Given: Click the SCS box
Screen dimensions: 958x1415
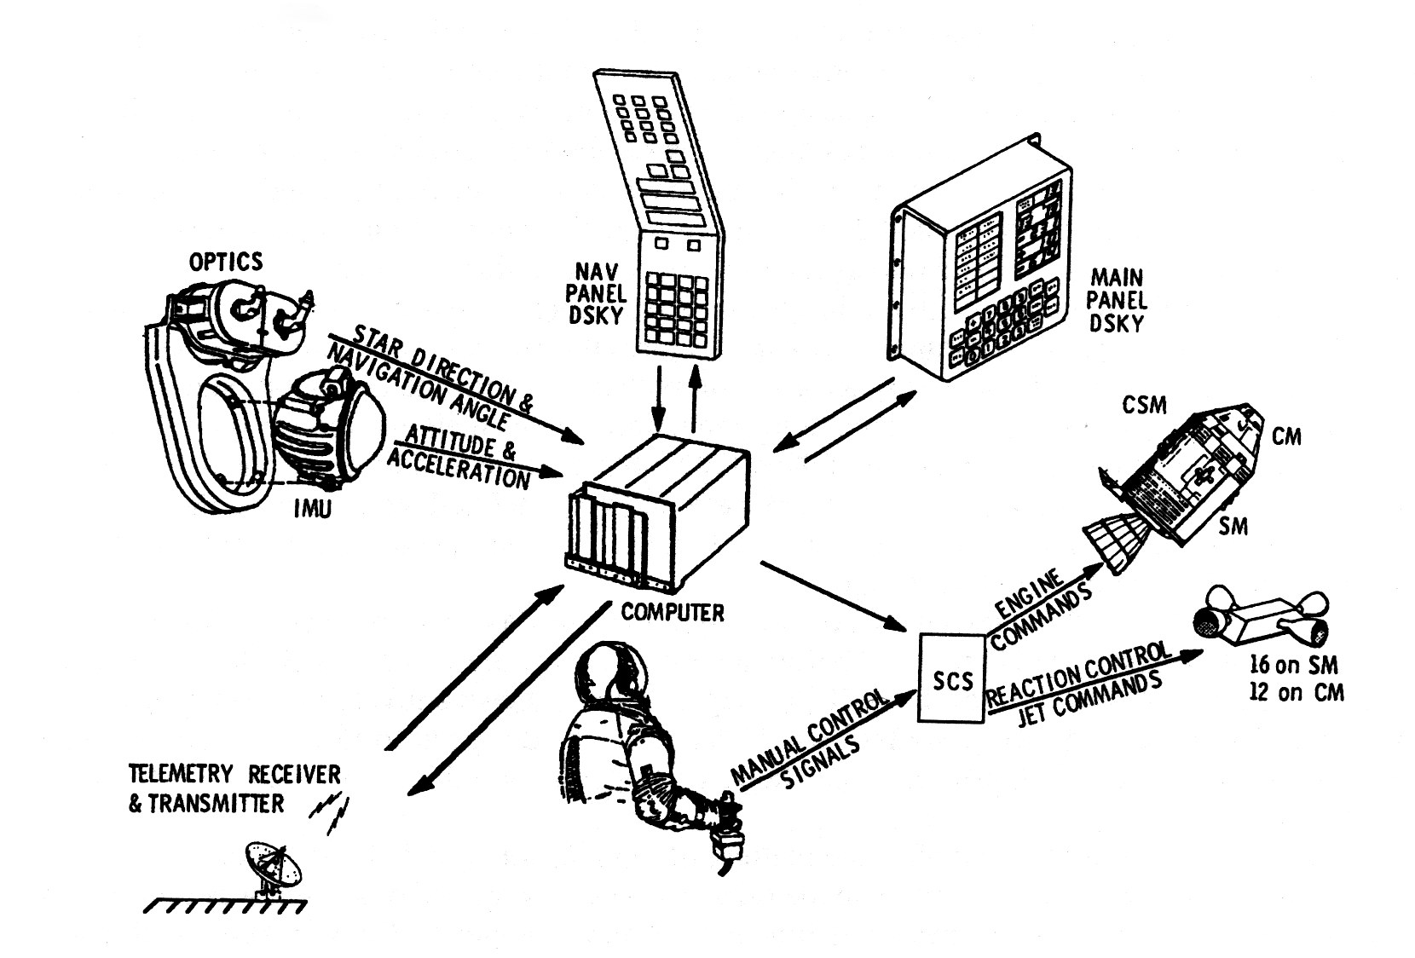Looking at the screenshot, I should pyautogui.click(x=951, y=678).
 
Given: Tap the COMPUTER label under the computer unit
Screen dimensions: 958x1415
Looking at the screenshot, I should pyautogui.click(x=673, y=612).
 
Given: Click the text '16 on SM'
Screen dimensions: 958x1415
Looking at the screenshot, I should pyautogui.click(x=1292, y=665).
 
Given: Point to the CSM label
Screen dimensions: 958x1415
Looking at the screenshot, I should pyautogui.click(x=1145, y=405).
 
